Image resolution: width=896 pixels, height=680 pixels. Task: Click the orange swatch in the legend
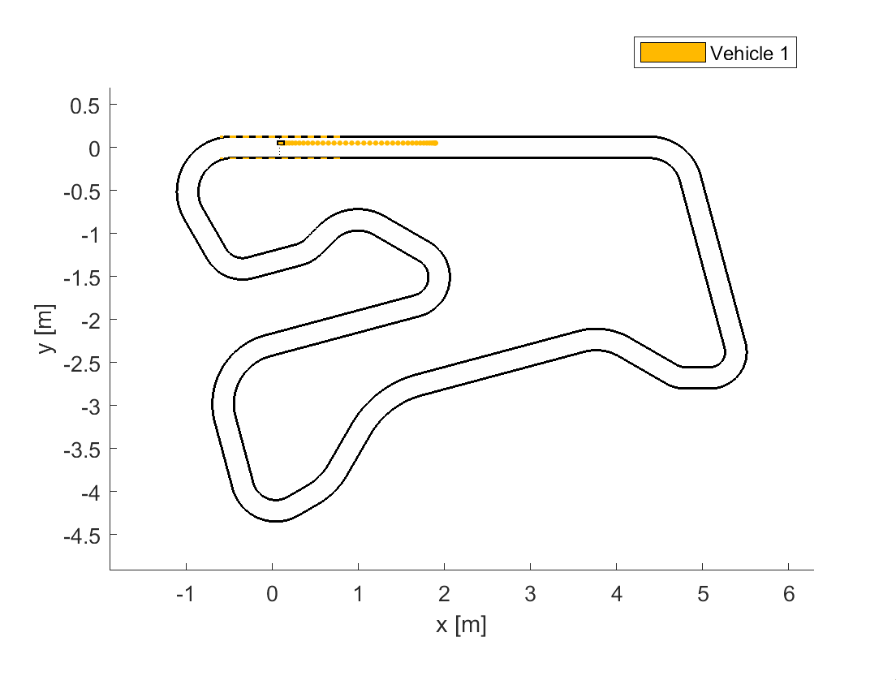click(x=673, y=53)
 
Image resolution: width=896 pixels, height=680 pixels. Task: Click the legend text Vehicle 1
click(x=749, y=53)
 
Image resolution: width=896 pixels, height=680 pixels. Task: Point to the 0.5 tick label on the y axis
click(x=84, y=105)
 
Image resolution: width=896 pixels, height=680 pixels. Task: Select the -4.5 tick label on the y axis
click(x=82, y=536)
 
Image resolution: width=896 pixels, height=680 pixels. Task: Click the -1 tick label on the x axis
click(x=184, y=594)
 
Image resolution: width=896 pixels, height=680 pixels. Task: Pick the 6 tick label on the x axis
click(x=789, y=594)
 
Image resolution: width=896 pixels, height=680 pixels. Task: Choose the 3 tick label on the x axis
click(x=530, y=594)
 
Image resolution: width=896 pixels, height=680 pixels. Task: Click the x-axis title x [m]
click(x=461, y=625)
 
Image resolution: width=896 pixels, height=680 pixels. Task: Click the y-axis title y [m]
click(x=46, y=329)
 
